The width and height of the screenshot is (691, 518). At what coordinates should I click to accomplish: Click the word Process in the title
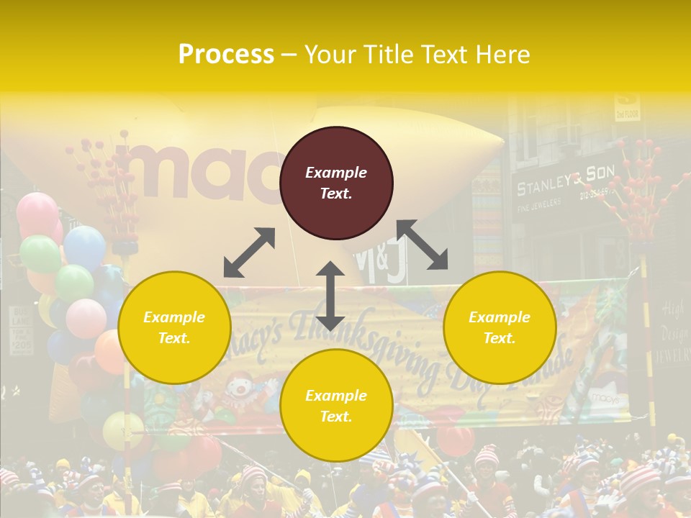pyautogui.click(x=226, y=54)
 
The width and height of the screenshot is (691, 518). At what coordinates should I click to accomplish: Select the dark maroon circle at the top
pyautogui.click(x=336, y=183)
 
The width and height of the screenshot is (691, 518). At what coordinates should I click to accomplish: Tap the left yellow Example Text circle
pyautogui.click(x=174, y=327)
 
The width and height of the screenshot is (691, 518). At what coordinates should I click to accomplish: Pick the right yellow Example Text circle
pyautogui.click(x=500, y=327)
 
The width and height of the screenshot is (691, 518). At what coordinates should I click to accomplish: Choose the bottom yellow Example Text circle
pyautogui.click(x=336, y=406)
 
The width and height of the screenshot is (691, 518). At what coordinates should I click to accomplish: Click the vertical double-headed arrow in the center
pyautogui.click(x=330, y=296)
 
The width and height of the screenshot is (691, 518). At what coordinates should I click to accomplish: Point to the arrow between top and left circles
pyautogui.click(x=249, y=253)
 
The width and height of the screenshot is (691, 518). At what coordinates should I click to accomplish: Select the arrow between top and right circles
pyautogui.click(x=422, y=245)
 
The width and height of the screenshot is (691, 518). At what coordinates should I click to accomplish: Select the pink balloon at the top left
pyautogui.click(x=37, y=214)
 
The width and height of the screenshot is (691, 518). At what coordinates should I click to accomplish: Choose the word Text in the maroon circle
pyautogui.click(x=335, y=194)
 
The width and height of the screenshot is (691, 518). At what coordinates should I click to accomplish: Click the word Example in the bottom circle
pyautogui.click(x=336, y=396)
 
